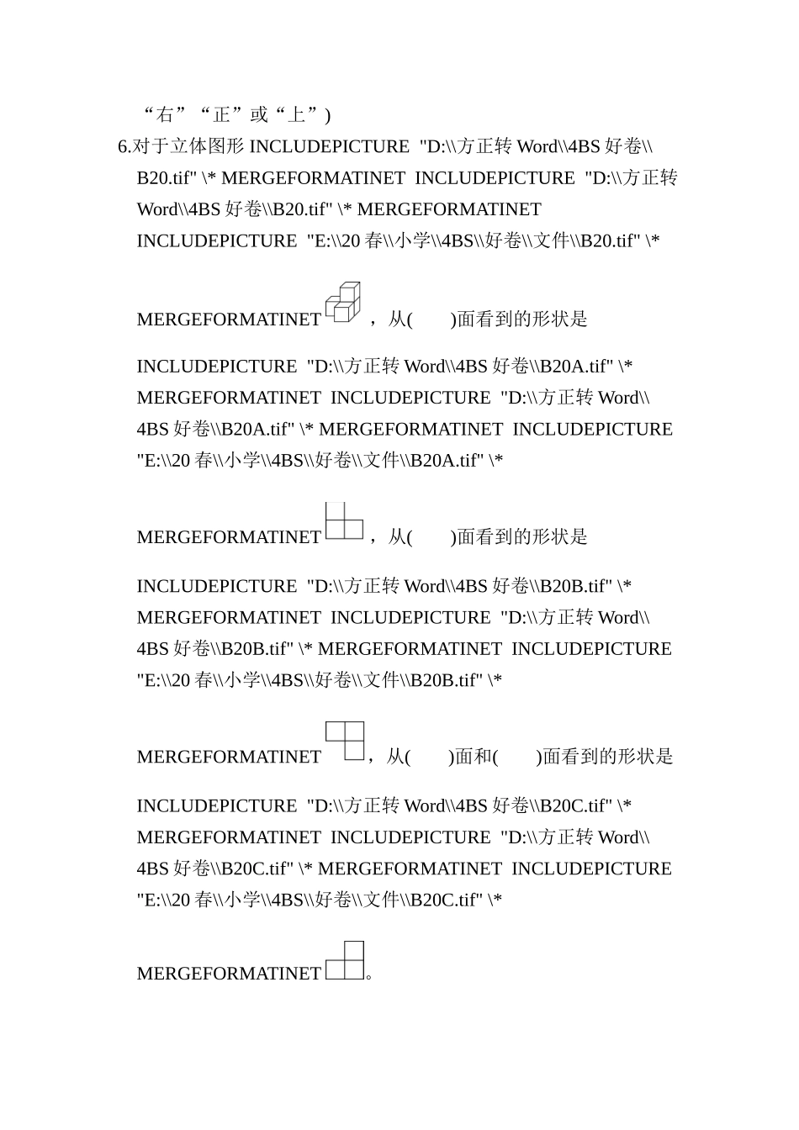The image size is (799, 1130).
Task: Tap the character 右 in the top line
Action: [165, 115]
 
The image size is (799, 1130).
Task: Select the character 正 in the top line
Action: [222, 115]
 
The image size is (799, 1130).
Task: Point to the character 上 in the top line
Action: [296, 115]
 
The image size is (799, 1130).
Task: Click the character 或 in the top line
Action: [259, 115]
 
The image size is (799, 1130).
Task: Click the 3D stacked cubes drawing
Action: [342, 303]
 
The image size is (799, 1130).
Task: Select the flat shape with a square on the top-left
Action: [344, 521]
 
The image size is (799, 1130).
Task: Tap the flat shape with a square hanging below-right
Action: [345, 741]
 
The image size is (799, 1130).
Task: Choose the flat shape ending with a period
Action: [345, 961]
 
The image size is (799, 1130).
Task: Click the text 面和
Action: [472, 757]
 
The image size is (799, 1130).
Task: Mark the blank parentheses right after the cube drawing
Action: [431, 319]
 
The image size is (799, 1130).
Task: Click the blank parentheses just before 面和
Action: [429, 757]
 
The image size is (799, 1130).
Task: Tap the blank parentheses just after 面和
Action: [517, 757]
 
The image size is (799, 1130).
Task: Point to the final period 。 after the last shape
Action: [370, 975]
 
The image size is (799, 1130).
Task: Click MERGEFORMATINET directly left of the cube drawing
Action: [229, 319]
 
